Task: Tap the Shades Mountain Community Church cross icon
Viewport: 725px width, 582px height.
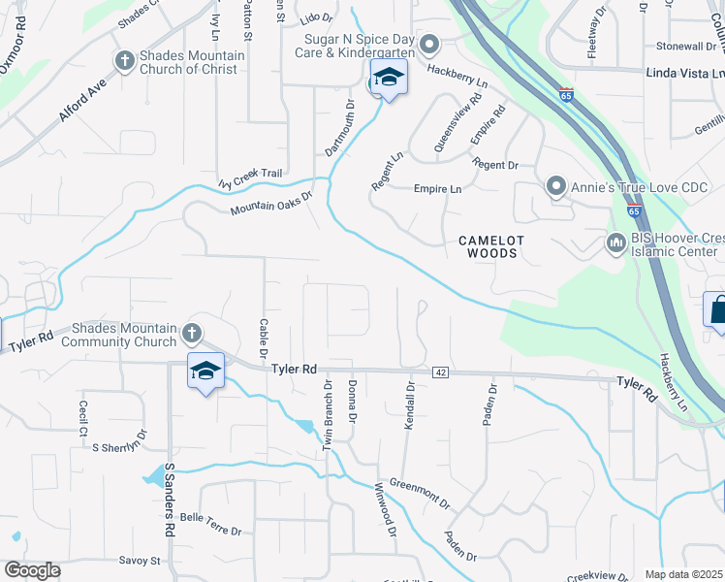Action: (192, 335)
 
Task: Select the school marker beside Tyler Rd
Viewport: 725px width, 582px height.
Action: (205, 372)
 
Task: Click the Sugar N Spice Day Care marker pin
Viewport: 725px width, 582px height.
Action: (430, 45)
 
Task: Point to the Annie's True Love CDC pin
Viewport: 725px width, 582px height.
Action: (555, 184)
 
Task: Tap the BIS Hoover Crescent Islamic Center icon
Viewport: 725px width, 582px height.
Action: (614, 242)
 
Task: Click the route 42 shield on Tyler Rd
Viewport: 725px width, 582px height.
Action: (440, 372)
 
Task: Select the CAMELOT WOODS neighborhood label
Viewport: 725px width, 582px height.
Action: (490, 246)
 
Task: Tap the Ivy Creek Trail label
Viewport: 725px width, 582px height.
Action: (250, 178)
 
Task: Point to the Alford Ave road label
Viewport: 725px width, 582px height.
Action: (80, 100)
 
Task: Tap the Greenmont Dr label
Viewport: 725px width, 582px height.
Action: (420, 493)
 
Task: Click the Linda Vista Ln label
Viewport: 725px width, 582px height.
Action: (684, 73)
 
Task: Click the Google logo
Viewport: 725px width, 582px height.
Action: (32, 570)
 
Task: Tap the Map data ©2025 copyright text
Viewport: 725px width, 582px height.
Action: (682, 574)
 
